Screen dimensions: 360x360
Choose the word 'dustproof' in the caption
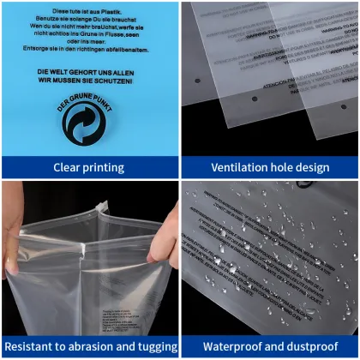(309, 346)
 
